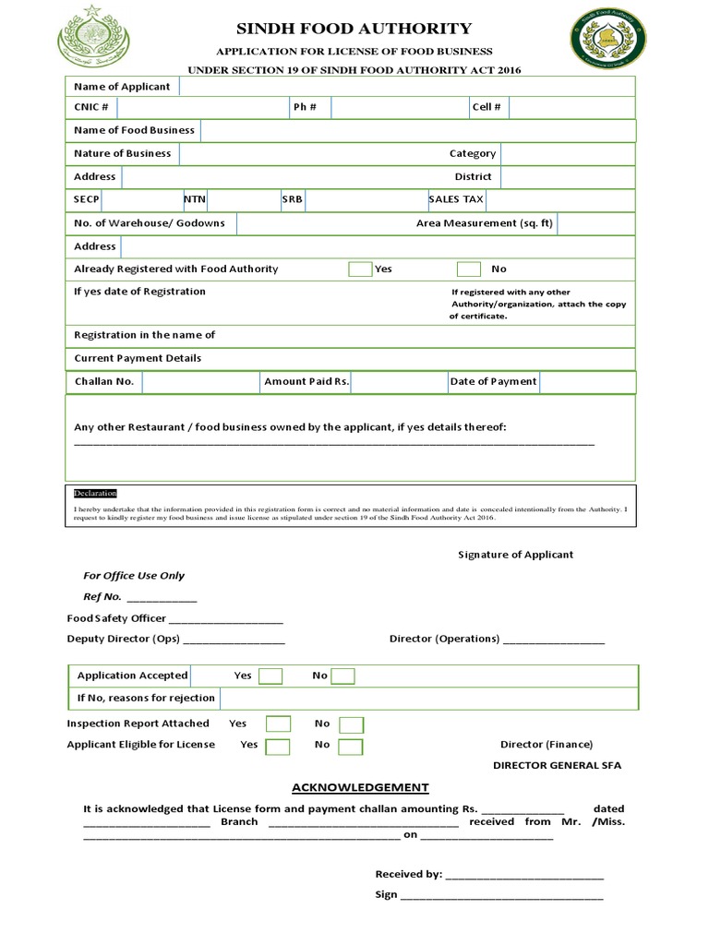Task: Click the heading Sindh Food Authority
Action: coord(354,29)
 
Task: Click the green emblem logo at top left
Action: coord(94,36)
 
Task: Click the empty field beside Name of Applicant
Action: coord(406,87)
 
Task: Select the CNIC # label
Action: coord(91,107)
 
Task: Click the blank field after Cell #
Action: coord(571,108)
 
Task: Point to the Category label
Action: coord(473,154)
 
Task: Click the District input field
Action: coord(567,177)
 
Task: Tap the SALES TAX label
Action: coord(456,199)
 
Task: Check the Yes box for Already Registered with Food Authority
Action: coord(360,269)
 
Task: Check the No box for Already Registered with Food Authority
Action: coord(469,269)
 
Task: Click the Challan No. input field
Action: coord(200,382)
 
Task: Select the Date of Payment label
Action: coord(493,382)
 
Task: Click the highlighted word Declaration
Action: coord(95,494)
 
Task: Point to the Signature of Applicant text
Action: coord(515,555)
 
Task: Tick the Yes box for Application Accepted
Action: coord(270,676)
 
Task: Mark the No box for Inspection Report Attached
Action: coord(351,724)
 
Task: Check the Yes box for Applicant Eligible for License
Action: coord(278,746)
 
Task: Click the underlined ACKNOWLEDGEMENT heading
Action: coord(360,787)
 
